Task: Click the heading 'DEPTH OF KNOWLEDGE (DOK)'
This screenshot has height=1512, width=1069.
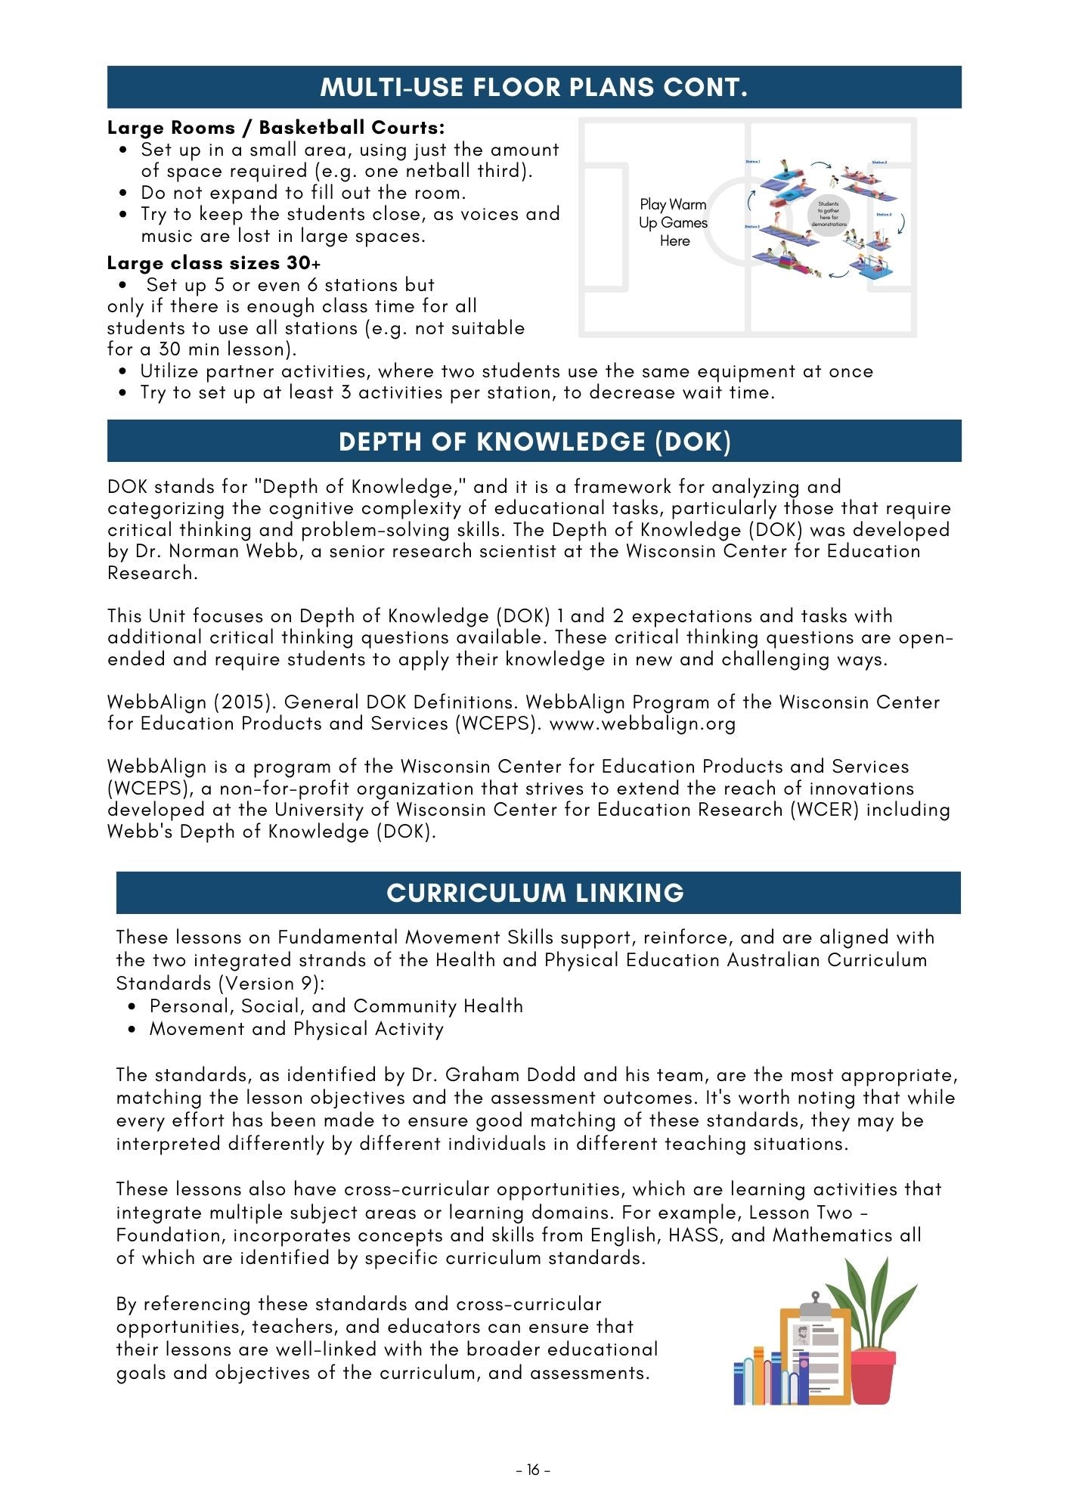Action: tap(534, 442)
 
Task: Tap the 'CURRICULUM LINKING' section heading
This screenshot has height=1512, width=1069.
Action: tap(535, 893)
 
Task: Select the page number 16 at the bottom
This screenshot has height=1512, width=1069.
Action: tap(534, 1470)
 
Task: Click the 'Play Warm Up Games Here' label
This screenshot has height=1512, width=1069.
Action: tap(674, 222)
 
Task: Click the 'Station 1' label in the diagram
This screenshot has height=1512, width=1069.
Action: tap(752, 162)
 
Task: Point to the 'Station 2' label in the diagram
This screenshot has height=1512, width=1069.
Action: tap(879, 163)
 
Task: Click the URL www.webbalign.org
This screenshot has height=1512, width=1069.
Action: tap(643, 724)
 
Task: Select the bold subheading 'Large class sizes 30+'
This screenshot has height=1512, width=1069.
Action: tap(214, 263)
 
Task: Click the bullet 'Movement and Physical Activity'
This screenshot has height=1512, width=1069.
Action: tap(296, 1029)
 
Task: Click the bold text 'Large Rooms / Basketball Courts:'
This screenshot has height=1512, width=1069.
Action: tap(276, 127)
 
